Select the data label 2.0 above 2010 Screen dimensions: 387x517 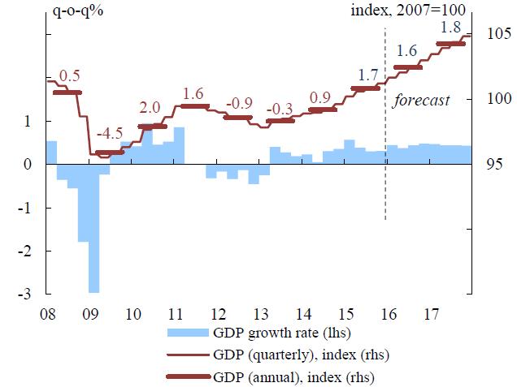[x=150, y=108]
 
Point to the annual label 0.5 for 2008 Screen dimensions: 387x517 [x=70, y=76]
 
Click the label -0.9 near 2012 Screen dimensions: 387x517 [x=237, y=103]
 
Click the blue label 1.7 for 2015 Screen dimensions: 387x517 [x=368, y=75]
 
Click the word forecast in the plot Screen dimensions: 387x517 [x=421, y=101]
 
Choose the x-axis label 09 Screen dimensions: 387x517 [x=93, y=313]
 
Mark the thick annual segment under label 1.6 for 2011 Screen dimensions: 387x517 [x=194, y=106]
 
